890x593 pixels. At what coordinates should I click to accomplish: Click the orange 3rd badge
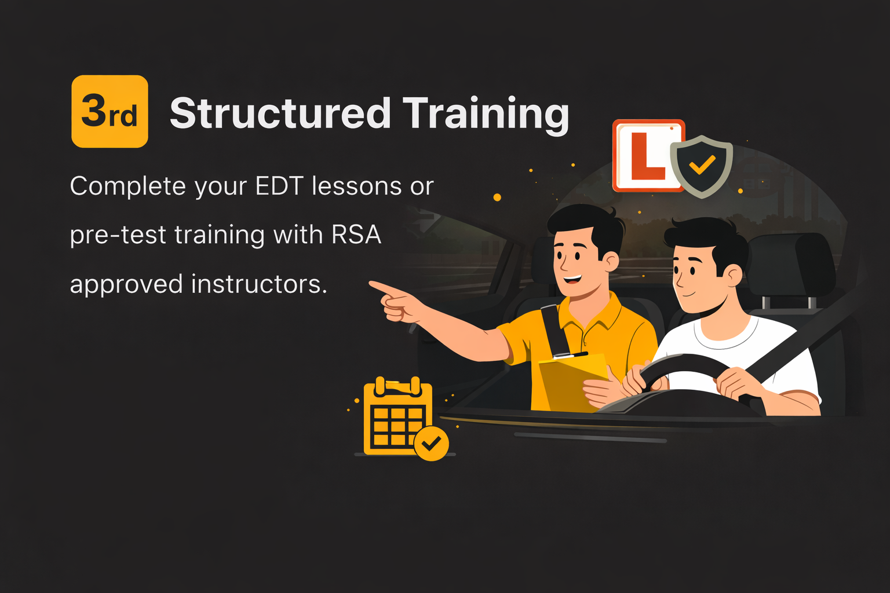click(110, 111)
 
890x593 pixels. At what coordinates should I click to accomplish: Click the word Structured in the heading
click(280, 113)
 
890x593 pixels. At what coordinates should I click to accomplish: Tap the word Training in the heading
click(486, 114)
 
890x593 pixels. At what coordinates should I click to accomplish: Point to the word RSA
click(356, 235)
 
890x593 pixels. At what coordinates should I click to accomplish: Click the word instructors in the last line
click(258, 284)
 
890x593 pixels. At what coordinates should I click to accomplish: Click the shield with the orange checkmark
click(702, 166)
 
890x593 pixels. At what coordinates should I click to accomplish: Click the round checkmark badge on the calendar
click(431, 444)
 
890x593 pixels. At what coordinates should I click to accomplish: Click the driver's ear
click(732, 275)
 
